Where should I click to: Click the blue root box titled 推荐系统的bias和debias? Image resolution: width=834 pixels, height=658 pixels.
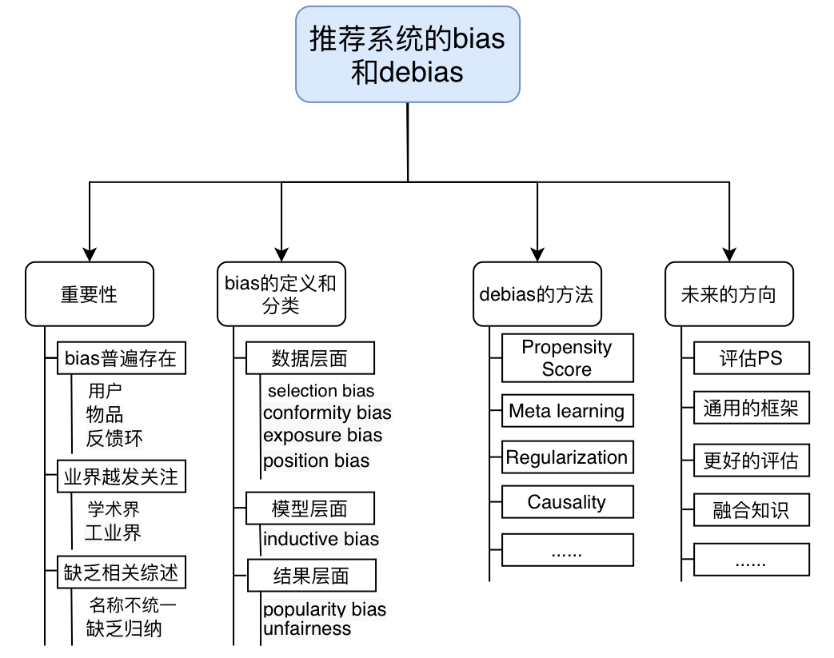point(408,54)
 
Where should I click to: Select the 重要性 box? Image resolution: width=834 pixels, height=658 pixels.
point(89,294)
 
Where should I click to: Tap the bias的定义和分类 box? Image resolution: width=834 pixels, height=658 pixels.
point(281,294)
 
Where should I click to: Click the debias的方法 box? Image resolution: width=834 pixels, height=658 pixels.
point(537,294)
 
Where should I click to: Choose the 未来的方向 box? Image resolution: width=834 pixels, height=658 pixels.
point(728,294)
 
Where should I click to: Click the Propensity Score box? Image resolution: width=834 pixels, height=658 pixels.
point(567,358)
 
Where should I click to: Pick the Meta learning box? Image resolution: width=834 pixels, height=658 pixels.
point(567,411)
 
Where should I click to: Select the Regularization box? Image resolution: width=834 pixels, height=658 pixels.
point(567,457)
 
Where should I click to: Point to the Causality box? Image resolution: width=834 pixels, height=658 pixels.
point(567,502)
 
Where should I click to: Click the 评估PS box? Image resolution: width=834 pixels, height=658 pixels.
point(751,358)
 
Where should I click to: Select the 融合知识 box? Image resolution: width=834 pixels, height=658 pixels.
point(751,510)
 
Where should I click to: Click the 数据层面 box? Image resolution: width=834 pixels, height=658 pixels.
point(310,358)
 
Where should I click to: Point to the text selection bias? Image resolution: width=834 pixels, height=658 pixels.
point(321,391)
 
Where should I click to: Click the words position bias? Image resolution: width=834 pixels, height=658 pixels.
point(317,461)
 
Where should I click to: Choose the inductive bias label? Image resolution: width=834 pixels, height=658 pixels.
point(321,539)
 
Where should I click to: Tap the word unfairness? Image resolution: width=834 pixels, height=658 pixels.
point(307,629)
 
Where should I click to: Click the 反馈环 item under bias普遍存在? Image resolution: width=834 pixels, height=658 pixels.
point(115,438)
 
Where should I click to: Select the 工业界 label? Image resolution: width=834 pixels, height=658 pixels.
point(114,532)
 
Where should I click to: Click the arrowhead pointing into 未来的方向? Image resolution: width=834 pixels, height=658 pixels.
point(728,254)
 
